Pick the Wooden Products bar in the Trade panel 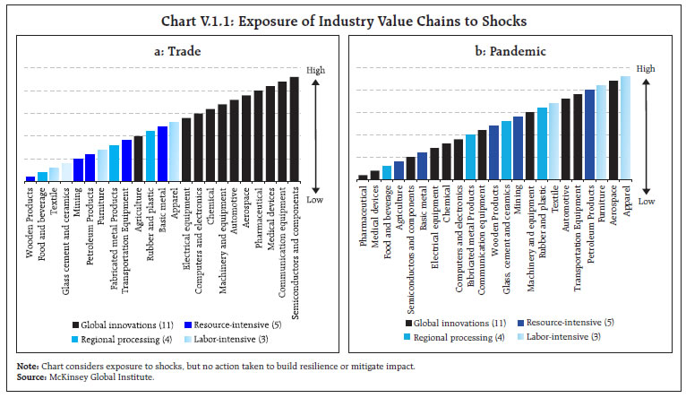coord(30,178)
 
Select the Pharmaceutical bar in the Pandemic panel coord(363,177)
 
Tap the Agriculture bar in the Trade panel coord(138,159)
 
